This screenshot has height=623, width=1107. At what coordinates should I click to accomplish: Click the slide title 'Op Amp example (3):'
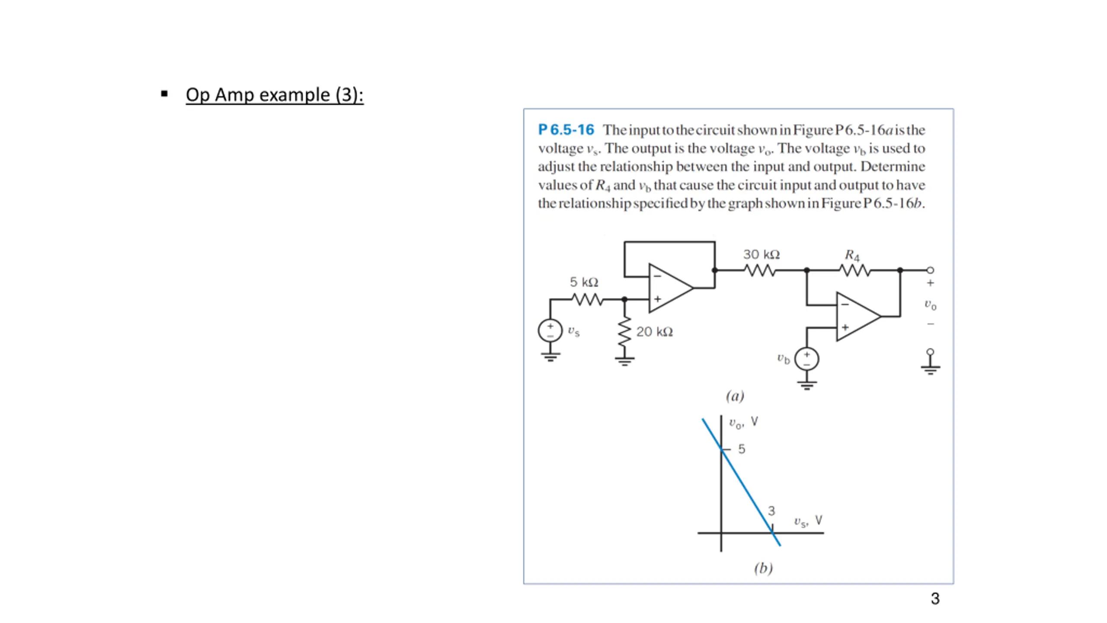(x=274, y=95)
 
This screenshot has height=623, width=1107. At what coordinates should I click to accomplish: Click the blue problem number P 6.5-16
(x=566, y=129)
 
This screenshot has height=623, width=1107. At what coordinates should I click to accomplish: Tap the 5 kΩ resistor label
(x=584, y=282)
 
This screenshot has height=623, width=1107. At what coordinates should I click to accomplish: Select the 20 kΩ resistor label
(x=654, y=332)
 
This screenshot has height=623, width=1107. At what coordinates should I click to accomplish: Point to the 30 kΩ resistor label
(x=761, y=254)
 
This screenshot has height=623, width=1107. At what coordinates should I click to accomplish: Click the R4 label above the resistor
(x=852, y=255)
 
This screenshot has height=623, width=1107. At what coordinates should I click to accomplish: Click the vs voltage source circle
(x=550, y=331)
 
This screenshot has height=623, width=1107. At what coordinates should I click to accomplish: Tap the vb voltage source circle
(x=806, y=359)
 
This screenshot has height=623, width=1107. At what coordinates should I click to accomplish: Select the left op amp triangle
(x=668, y=288)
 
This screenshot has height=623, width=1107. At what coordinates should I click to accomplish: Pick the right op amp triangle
(x=856, y=317)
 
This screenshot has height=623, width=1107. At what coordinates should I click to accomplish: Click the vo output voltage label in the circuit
(x=930, y=305)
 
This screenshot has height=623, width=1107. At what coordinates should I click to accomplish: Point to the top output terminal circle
(x=930, y=270)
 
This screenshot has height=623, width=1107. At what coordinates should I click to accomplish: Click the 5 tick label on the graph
(x=742, y=449)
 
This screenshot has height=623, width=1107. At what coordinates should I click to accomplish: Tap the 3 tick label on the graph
(x=771, y=511)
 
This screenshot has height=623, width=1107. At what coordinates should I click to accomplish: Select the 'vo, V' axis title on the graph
(x=743, y=422)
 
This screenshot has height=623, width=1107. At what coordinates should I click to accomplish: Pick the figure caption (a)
(x=735, y=396)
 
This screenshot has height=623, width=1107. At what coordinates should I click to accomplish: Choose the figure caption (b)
(x=763, y=568)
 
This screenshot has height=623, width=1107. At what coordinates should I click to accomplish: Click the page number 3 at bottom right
(x=935, y=599)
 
